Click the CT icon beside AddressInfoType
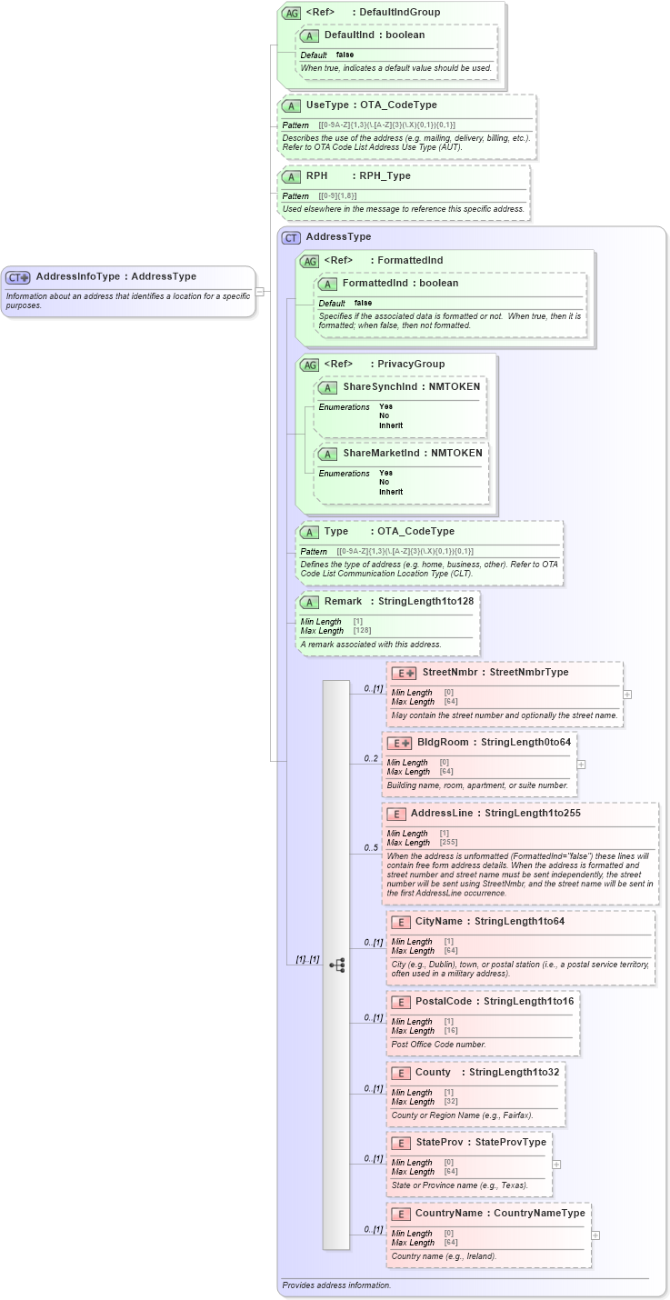coord(18,277)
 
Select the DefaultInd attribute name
coord(349,35)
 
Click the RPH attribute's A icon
coord(291,176)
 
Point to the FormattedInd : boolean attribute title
coord(400,284)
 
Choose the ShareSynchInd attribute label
coord(380,387)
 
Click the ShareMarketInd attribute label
coord(382,454)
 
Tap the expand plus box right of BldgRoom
coord(581,765)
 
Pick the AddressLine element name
coord(442,814)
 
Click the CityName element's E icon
coord(400,922)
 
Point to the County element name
coord(433,1073)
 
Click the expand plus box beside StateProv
coord(556,1164)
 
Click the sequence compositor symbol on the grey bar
coord(336,965)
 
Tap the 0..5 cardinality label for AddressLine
coord(371,848)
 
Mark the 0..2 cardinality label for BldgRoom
coord(371,758)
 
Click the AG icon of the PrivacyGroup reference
coord(309,365)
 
